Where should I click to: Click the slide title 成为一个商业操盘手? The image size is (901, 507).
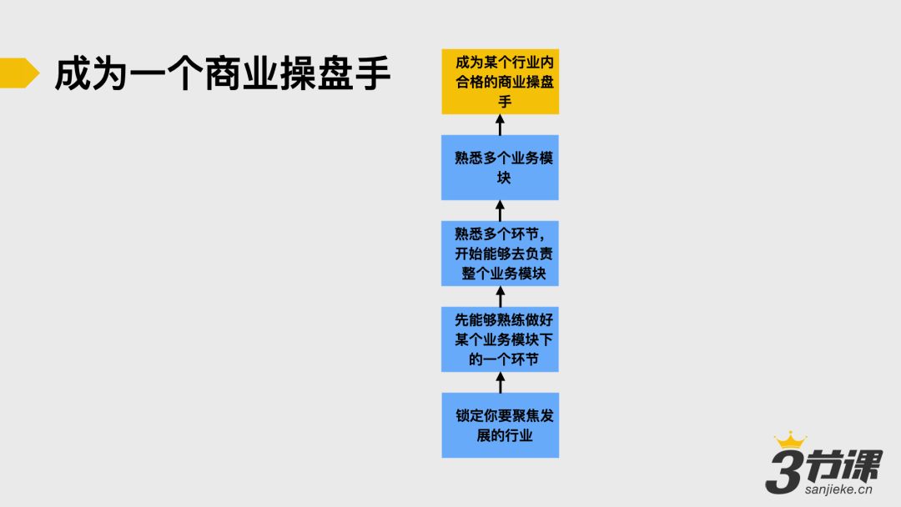222,73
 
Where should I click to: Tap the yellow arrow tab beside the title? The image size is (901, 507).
18,73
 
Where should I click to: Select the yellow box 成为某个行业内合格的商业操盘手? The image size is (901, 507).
500,82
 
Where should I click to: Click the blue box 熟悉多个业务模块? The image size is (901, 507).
500,168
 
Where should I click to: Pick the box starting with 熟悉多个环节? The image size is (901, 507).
500,254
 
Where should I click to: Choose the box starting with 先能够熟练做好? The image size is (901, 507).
500,339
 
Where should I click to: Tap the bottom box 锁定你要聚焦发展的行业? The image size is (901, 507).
500,424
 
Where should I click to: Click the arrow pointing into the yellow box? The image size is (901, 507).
501,125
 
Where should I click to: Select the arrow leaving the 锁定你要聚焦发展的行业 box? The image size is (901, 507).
501,382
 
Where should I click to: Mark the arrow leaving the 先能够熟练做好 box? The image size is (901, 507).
501,296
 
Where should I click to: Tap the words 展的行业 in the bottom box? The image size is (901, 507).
505,435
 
